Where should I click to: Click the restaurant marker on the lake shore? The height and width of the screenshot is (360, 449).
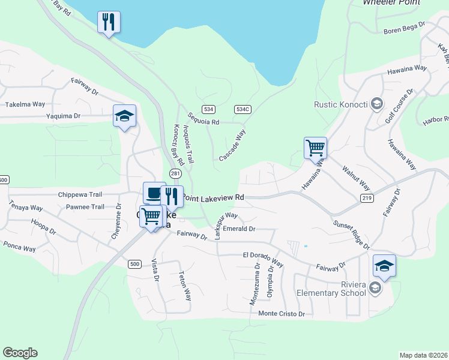tap(109, 23)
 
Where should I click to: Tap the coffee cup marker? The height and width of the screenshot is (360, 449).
tap(154, 194)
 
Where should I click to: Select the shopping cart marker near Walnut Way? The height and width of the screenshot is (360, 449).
tap(315, 147)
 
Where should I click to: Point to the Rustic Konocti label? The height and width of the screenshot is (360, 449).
tap(340, 104)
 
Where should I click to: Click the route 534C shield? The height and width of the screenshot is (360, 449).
tap(243, 109)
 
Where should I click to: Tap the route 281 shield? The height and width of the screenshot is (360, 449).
tap(175, 173)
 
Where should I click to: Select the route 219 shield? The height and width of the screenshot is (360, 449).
tap(367, 197)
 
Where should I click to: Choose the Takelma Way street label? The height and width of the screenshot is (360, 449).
tap(25, 104)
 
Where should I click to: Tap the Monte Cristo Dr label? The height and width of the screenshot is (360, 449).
tap(282, 314)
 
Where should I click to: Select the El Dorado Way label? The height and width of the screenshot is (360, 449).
tap(263, 258)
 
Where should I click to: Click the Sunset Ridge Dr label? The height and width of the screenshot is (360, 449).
tap(351, 234)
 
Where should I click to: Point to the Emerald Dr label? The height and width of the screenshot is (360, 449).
tap(239, 229)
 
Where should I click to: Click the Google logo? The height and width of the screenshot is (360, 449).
tap(20, 353)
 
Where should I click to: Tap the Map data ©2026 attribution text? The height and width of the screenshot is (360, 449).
tap(423, 355)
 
